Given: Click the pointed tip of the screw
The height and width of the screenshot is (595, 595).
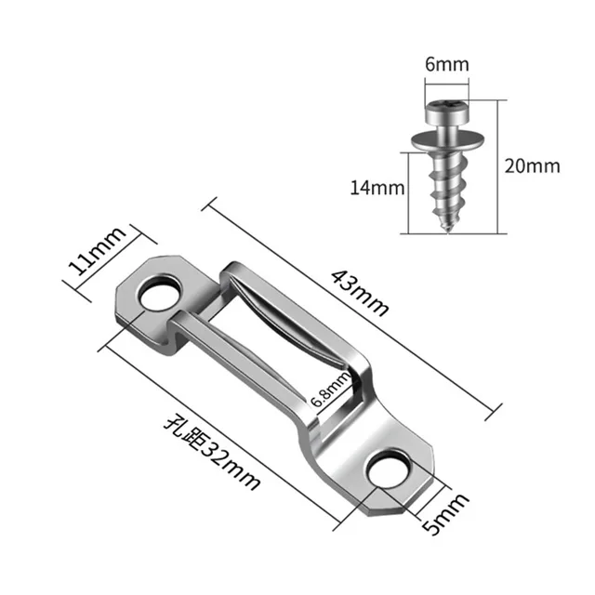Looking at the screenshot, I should [449, 229].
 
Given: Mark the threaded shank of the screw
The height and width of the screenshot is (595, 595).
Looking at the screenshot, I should [449, 186].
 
